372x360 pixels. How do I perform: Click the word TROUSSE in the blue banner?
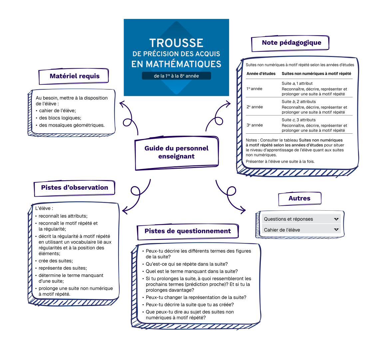coord(176,43)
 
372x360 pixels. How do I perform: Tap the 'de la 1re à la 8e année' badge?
coord(176,76)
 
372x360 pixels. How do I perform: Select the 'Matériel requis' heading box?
coord(74,76)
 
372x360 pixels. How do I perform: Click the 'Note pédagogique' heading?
coord(291,43)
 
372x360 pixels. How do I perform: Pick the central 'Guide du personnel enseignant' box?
coord(177,152)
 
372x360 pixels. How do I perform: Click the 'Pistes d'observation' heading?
coord(74,188)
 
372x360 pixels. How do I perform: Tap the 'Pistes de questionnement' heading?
coord(187,231)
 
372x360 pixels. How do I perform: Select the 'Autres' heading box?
coord(299,198)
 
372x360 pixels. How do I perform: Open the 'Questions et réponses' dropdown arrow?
coord(336,219)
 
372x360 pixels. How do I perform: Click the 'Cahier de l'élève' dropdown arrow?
coord(336,230)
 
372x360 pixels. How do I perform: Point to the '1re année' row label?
coord(254,89)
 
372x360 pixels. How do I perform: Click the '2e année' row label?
coord(254,107)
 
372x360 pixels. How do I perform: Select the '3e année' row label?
coord(254,125)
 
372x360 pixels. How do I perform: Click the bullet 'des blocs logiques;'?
coord(60,118)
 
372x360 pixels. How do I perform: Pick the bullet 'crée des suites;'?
coord(55,261)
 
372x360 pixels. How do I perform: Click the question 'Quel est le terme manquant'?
coord(191,271)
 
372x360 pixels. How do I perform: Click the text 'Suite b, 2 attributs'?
coord(298,102)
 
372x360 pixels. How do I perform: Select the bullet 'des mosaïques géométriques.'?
coord(72,125)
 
